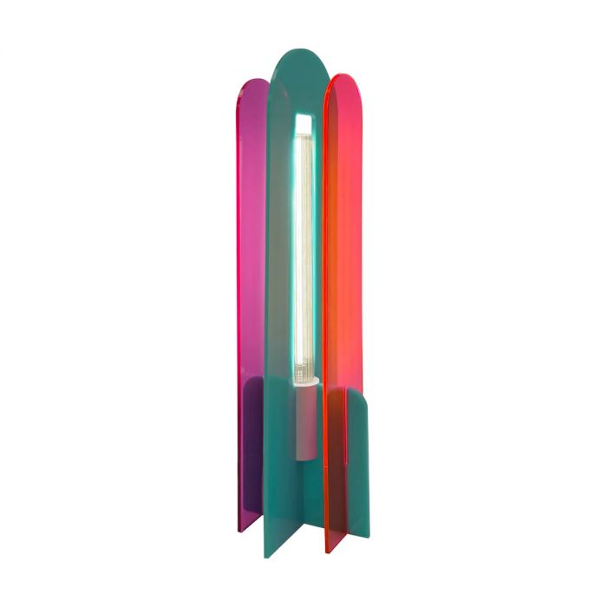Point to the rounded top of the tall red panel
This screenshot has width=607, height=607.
[x=342, y=82]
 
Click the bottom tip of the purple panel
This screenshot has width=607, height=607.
[x=246, y=527]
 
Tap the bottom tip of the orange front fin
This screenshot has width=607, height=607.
[x=329, y=548]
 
